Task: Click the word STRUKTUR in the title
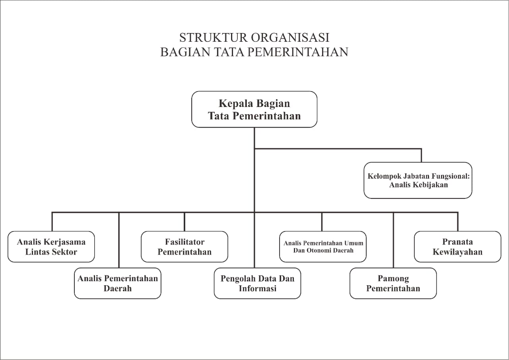213,38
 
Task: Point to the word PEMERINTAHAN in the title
298,52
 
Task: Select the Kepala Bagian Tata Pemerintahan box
254,109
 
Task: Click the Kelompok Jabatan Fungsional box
418,180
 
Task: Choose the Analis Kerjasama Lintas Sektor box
51,247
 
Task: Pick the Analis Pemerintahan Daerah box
118,283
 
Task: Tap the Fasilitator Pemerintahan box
185,247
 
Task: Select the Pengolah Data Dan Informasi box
257,283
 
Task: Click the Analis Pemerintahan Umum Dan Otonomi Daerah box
323,247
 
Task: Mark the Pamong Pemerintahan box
393,283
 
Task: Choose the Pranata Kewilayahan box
458,247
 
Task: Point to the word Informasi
257,288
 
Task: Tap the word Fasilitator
185,242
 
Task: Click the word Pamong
393,279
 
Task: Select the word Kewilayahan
457,252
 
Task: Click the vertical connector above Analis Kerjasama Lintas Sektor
52,222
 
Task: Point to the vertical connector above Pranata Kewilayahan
458,222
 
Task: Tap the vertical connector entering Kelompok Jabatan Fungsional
422,156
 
